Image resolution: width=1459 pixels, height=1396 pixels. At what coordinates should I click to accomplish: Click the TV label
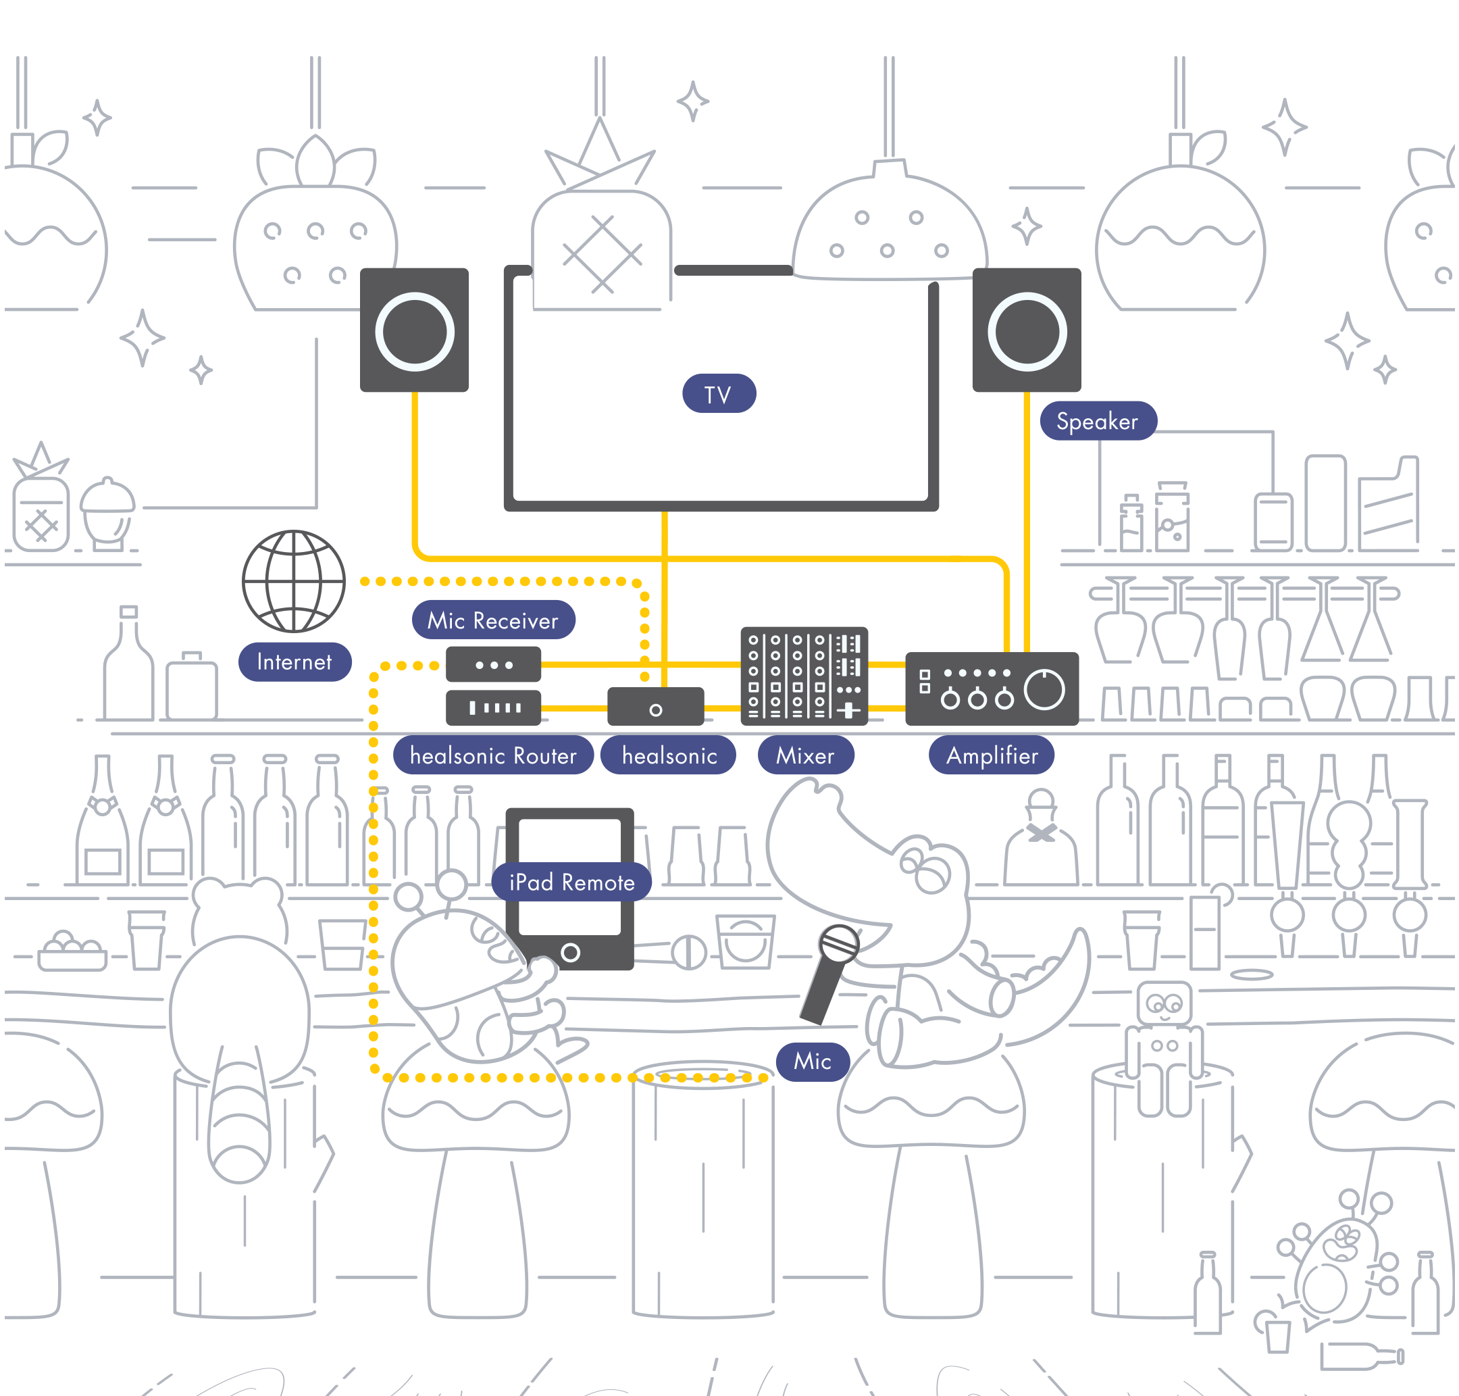718,394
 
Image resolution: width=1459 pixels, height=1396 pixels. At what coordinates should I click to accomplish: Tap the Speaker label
1097,421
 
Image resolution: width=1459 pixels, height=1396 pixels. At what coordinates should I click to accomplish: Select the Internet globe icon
294,580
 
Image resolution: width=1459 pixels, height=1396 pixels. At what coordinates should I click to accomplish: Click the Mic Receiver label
492,620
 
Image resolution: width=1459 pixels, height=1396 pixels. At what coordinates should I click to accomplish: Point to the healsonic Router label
492,755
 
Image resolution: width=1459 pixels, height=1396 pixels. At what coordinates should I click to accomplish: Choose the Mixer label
805,755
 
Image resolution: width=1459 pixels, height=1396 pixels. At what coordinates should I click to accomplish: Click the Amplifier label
991,755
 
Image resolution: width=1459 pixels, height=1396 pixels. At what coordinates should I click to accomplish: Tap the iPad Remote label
571,882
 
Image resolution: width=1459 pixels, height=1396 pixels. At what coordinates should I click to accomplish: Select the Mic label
812,1061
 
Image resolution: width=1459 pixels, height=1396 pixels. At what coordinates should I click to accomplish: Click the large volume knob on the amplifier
1044,689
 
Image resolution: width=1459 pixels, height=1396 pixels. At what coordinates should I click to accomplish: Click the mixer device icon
804,676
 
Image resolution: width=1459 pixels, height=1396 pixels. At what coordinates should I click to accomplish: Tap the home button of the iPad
570,953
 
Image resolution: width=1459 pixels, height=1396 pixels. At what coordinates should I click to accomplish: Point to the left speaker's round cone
415,331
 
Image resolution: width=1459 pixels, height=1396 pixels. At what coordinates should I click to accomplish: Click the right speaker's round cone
1027,331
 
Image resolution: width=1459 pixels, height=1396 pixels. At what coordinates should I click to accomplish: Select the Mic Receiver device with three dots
492,664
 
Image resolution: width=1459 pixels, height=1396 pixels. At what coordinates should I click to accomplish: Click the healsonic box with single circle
655,707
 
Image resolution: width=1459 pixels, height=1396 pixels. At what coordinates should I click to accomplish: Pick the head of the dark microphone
838,943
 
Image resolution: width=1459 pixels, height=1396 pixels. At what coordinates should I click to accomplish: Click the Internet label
294,662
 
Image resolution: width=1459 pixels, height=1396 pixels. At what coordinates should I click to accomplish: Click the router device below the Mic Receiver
492,707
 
